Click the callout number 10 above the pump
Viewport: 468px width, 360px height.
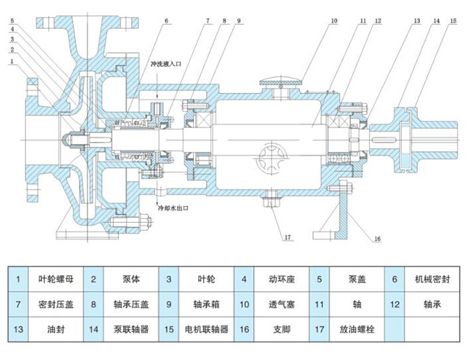coord(333,21)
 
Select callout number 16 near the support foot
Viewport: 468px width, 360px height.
coord(377,239)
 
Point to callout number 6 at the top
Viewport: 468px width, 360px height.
coord(166,21)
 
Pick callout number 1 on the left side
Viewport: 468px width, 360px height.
coord(13,62)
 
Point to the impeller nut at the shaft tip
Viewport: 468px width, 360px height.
coord(68,139)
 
